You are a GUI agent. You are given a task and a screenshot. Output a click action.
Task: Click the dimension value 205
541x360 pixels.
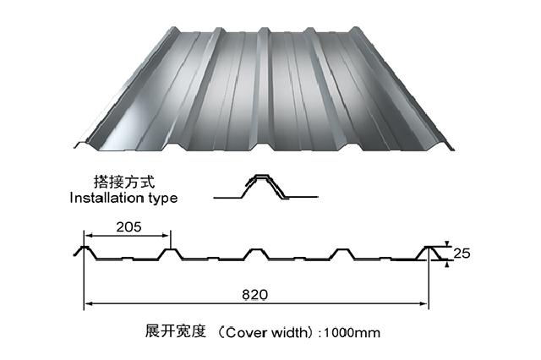pos(125,226)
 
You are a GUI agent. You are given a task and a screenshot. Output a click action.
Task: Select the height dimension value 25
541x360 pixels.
pos(461,253)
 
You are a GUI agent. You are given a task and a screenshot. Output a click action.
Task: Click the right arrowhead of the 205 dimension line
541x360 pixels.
pos(167,235)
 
